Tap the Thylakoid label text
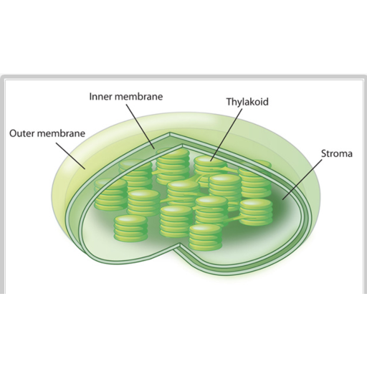pos(247,102)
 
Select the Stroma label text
pos(337,153)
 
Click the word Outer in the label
pos(22,133)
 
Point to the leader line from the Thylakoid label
pos(227,135)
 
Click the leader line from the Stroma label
pos(302,179)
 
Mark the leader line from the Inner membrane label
pos(140,127)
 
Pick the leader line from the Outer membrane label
pos(70,156)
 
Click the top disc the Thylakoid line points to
pos(210,161)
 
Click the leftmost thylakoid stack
pos(110,194)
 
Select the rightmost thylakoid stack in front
pos(256,212)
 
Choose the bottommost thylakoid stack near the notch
pos(205,237)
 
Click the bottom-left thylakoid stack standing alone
pos(130,228)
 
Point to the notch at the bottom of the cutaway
pos(180,244)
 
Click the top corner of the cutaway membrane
pos(170,133)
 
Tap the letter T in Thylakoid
pos(229,101)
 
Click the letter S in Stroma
pos(324,153)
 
